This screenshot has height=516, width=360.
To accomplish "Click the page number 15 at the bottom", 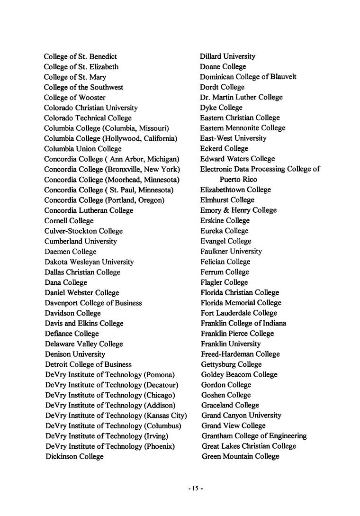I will tap(195, 489).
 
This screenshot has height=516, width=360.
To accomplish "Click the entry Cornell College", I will tap(69, 221).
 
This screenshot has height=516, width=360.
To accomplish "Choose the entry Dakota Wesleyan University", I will tap(89, 262).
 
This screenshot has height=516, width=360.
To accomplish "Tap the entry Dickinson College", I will tap(74, 457).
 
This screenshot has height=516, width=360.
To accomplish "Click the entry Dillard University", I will tap(227, 56).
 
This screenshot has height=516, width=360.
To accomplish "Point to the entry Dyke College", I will tap(221, 108).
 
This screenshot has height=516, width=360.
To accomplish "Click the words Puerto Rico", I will tap(238, 180).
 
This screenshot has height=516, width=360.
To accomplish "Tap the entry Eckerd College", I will tap(224, 149).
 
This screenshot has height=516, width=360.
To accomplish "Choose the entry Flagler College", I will tap(224, 282).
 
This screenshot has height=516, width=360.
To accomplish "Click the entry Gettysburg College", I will tap(231, 364).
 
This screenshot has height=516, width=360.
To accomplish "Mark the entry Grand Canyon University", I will tap(241, 416).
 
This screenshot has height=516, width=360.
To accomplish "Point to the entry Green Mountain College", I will tap(240, 457).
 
